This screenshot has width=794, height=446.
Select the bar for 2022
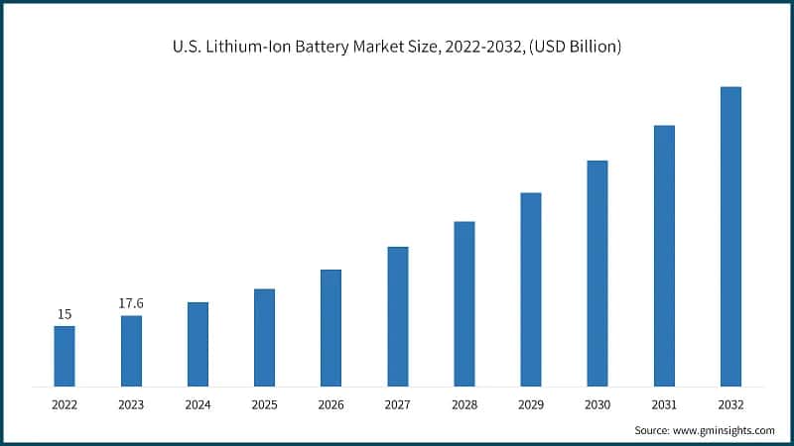(65, 356)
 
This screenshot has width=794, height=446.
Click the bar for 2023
(131, 351)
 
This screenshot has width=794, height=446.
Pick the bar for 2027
(398, 316)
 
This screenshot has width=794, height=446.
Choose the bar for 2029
(531, 289)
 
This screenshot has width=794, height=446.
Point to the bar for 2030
(597, 273)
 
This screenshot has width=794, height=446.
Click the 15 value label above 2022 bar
(65, 314)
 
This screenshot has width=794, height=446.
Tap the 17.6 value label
(131, 303)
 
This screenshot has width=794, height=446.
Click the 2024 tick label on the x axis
(198, 404)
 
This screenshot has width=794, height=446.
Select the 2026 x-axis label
(331, 404)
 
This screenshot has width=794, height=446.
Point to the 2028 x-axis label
(464, 404)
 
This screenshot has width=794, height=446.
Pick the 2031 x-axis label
(664, 404)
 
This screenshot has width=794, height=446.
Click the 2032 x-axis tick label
(730, 404)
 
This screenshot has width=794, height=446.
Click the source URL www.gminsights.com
(726, 430)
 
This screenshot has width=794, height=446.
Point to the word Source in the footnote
(654, 430)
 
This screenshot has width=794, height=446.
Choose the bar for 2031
(664, 256)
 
